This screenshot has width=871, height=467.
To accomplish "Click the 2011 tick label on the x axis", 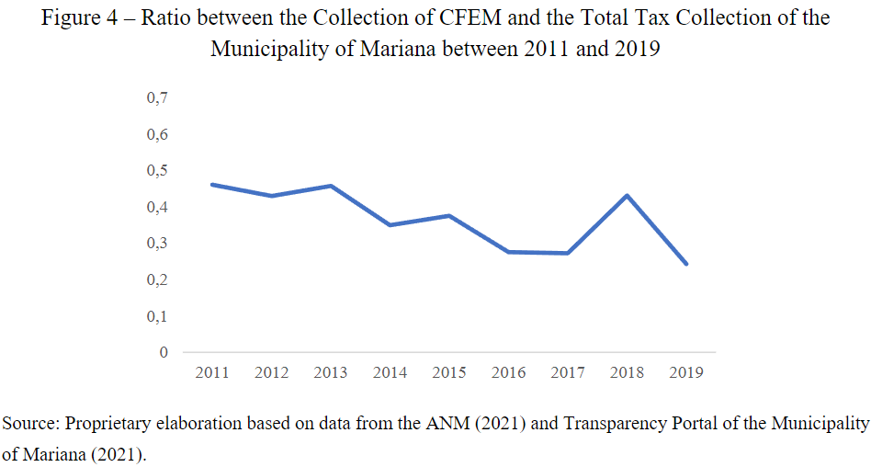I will tap(212, 373).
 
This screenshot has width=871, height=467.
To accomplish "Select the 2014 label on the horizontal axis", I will tap(390, 373).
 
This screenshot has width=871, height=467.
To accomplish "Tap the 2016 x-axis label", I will tap(508, 373).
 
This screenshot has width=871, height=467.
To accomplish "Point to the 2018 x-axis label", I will tap(627, 373).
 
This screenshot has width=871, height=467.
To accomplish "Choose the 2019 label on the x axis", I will tap(686, 373).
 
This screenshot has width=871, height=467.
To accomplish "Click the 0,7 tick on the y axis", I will tap(158, 98).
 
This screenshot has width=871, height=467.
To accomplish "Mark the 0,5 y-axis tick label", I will tap(158, 171).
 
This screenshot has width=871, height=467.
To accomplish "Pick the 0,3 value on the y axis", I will tap(158, 244).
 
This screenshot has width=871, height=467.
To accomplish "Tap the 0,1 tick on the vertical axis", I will tap(158, 316).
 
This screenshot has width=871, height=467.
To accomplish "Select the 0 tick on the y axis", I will tap(164, 352).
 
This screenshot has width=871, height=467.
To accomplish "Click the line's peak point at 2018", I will tap(627, 195).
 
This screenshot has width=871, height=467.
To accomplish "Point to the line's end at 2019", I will tap(686, 264).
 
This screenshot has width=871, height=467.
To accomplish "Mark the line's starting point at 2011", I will tap(212, 185).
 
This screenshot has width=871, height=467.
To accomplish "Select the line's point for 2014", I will tap(390, 225).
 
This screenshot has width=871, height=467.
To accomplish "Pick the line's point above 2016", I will tap(508, 252).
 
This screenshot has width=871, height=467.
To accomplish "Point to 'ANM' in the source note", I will tap(442, 424).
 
